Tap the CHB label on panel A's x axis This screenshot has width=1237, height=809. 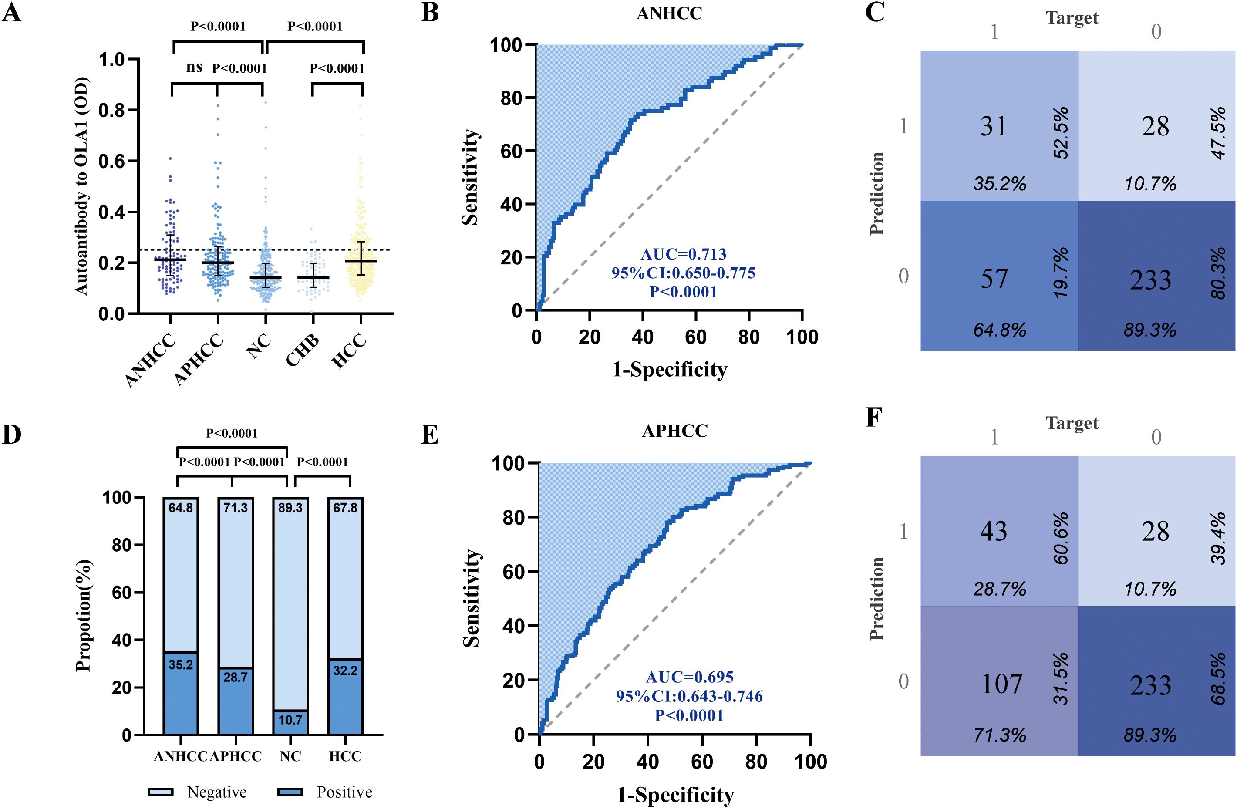click(x=303, y=352)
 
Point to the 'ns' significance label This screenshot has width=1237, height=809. click(x=194, y=67)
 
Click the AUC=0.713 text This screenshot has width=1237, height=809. click(x=683, y=254)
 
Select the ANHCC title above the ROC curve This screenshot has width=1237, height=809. click(x=669, y=13)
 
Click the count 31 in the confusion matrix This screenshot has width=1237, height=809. click(x=993, y=126)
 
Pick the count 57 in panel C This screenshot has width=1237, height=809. click(x=993, y=279)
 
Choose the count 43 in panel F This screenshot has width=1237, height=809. click(x=993, y=532)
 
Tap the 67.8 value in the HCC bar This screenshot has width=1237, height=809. click(x=345, y=508)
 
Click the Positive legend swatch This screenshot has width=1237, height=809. click(x=290, y=792)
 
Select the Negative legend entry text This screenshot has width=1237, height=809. click(x=217, y=792)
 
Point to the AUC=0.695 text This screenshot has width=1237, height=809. click(x=689, y=677)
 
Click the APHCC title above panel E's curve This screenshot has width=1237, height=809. click(x=674, y=431)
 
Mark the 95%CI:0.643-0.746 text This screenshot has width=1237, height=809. click(x=689, y=696)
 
